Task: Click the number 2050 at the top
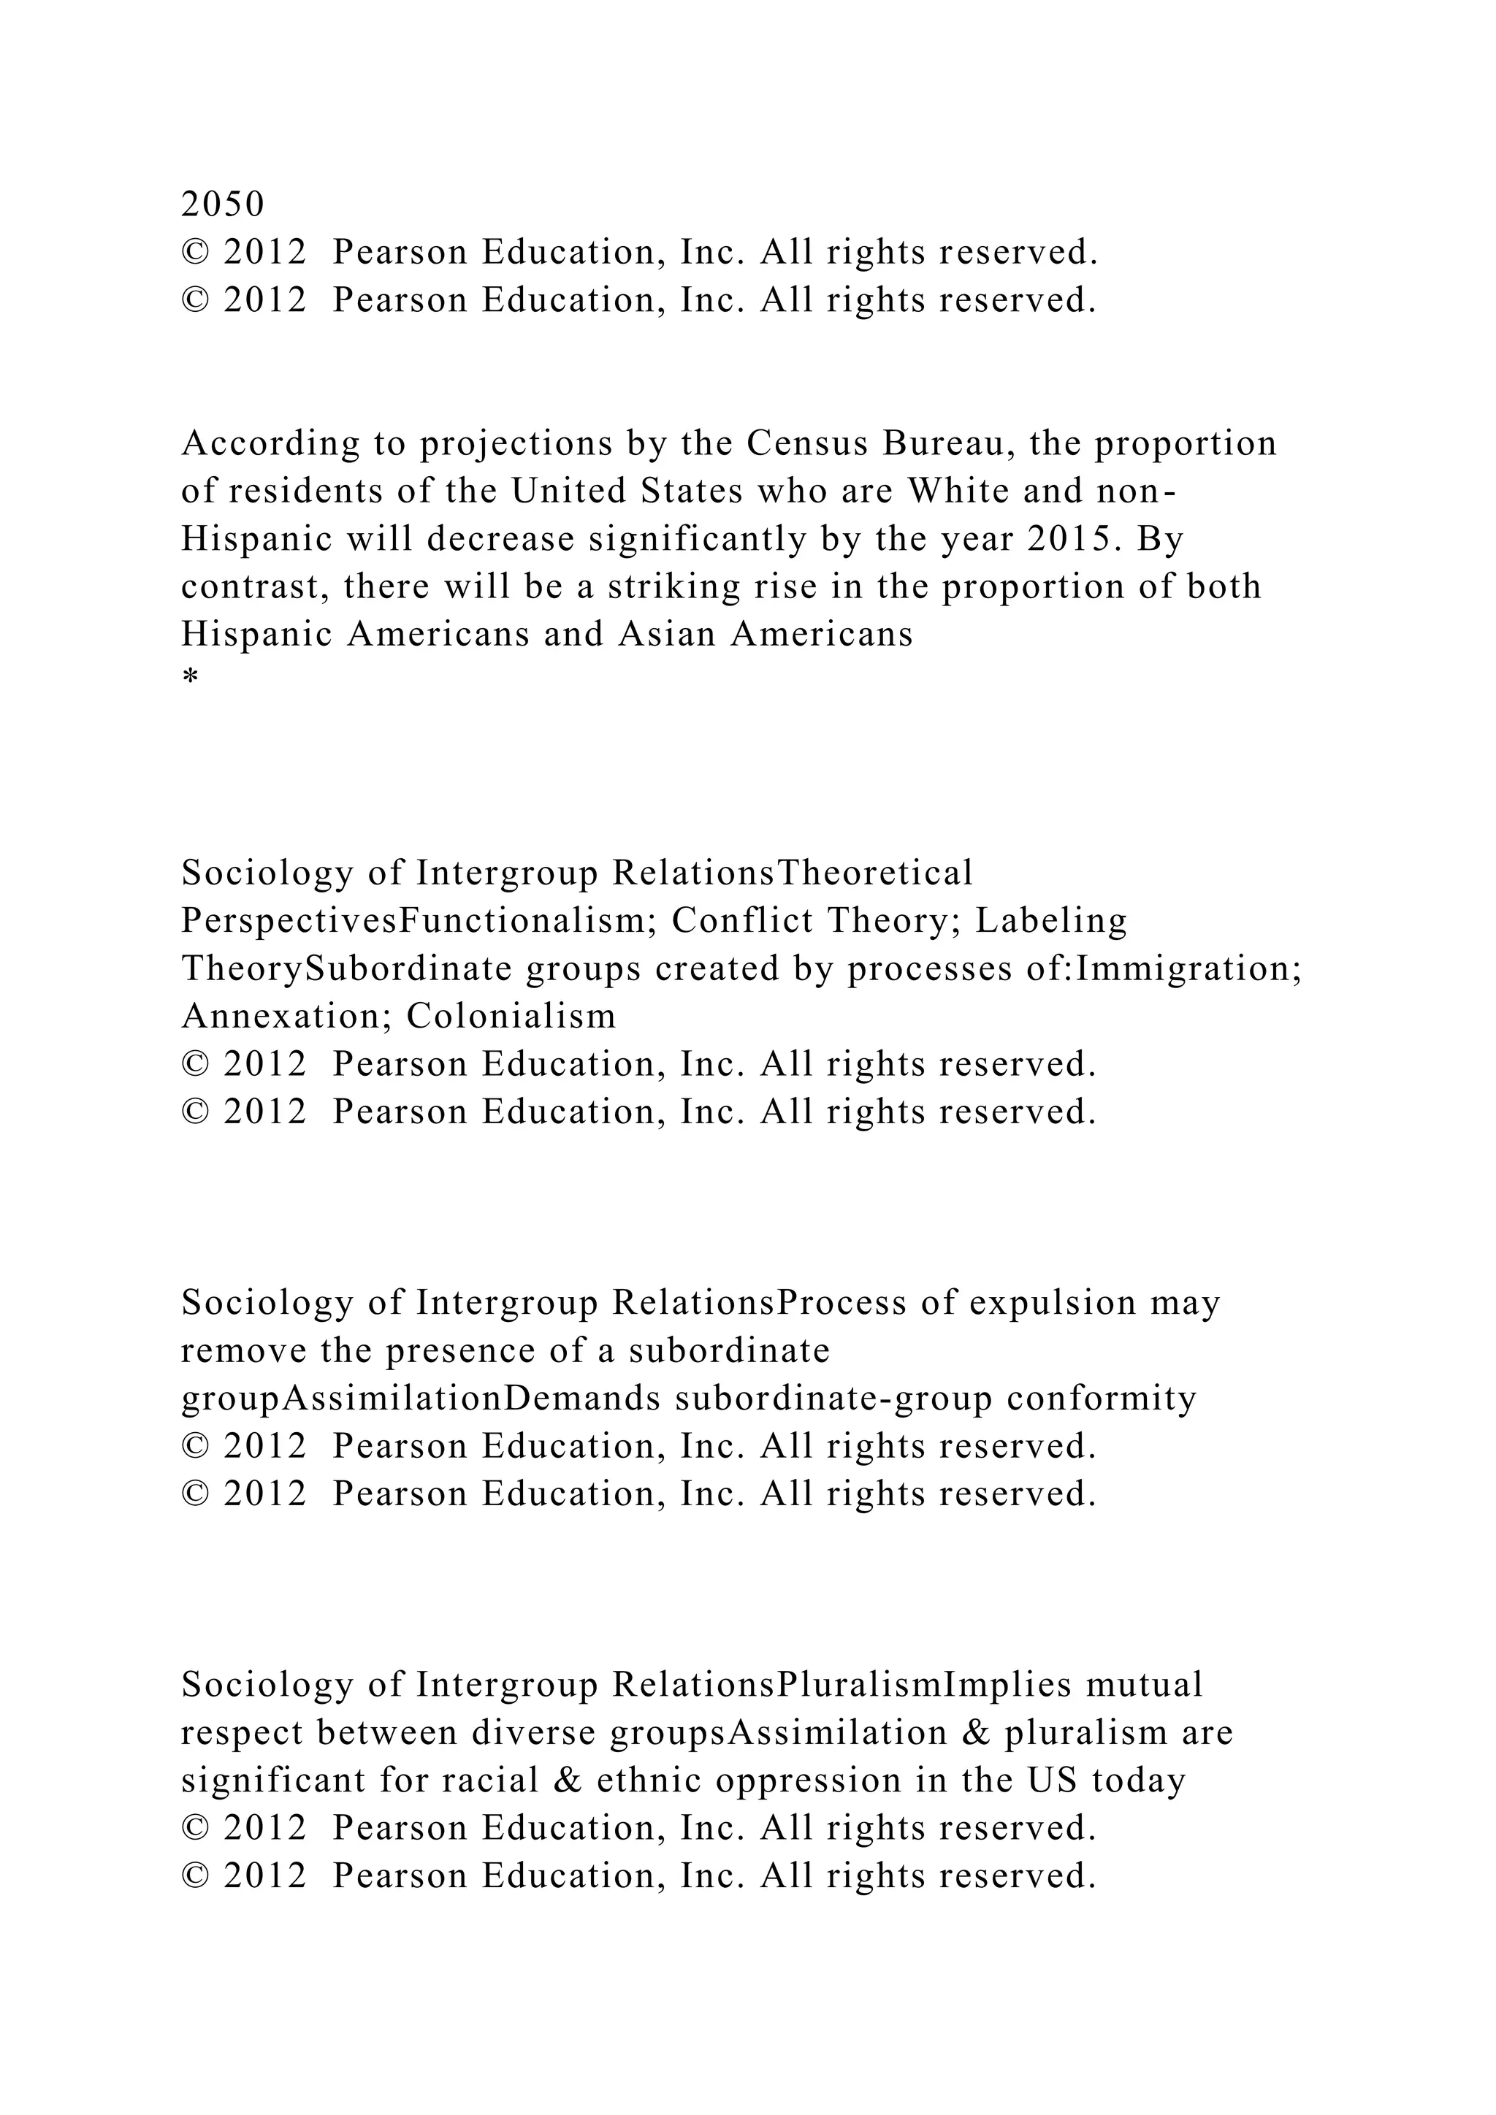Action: click(x=222, y=204)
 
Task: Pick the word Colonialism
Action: click(x=511, y=1016)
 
